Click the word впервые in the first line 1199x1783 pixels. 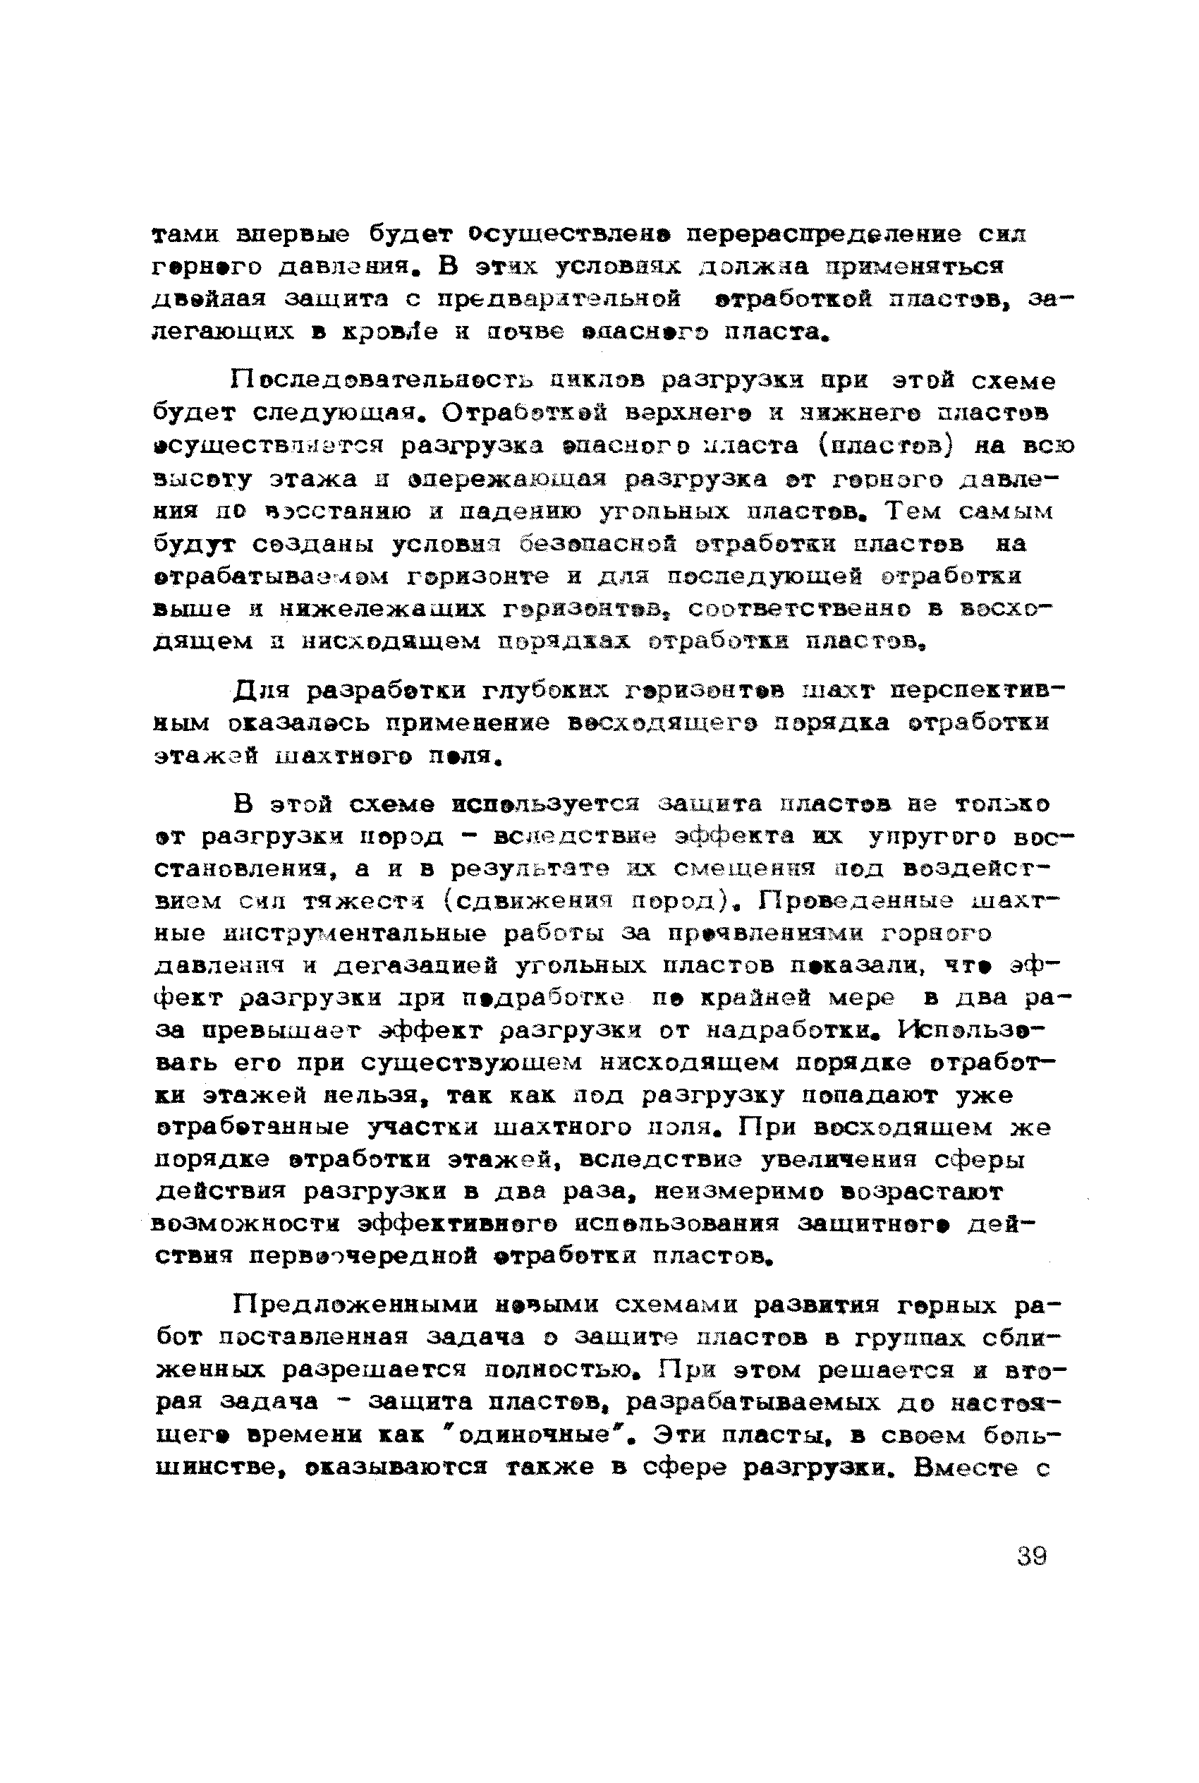point(294,234)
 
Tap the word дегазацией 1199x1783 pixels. point(416,967)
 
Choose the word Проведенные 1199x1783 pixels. point(856,902)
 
